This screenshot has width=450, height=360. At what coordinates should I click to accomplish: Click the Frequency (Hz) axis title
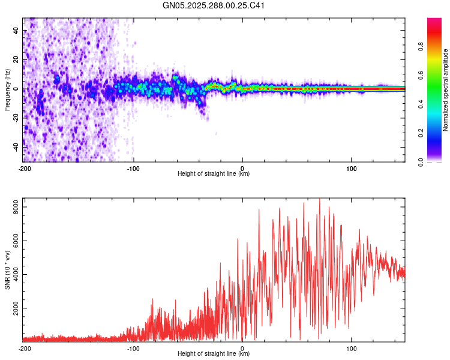point(7,89)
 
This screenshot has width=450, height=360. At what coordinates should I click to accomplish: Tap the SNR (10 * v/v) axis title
point(7,269)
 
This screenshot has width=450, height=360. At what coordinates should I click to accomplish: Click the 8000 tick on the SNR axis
point(13,207)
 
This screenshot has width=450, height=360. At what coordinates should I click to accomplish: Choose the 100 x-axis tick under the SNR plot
point(352,348)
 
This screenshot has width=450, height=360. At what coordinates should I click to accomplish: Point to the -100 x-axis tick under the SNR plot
point(133,348)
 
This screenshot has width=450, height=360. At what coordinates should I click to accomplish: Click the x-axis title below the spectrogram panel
point(214,174)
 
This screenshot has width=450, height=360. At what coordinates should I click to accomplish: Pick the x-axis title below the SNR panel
point(214,353)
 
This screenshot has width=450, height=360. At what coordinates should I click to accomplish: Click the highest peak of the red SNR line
point(319,199)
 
